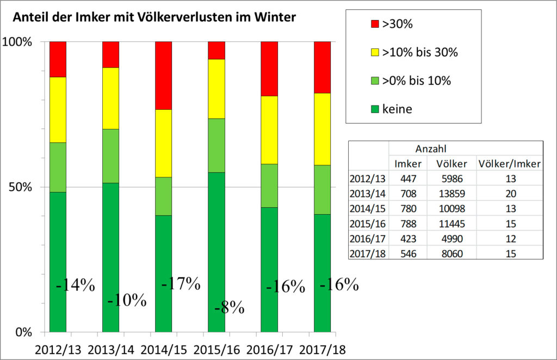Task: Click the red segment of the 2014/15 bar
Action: [164, 76]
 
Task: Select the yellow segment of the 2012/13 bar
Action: [58, 110]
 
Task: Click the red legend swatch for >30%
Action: [373, 24]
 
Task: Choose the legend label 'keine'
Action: [397, 109]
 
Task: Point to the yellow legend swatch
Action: [373, 53]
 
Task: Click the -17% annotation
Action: [181, 283]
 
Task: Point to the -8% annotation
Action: [229, 308]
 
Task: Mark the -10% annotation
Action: [127, 300]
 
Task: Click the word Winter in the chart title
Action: [277, 17]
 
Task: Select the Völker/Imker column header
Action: [509, 163]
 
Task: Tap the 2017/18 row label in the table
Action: [368, 253]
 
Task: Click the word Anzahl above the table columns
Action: [431, 148]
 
